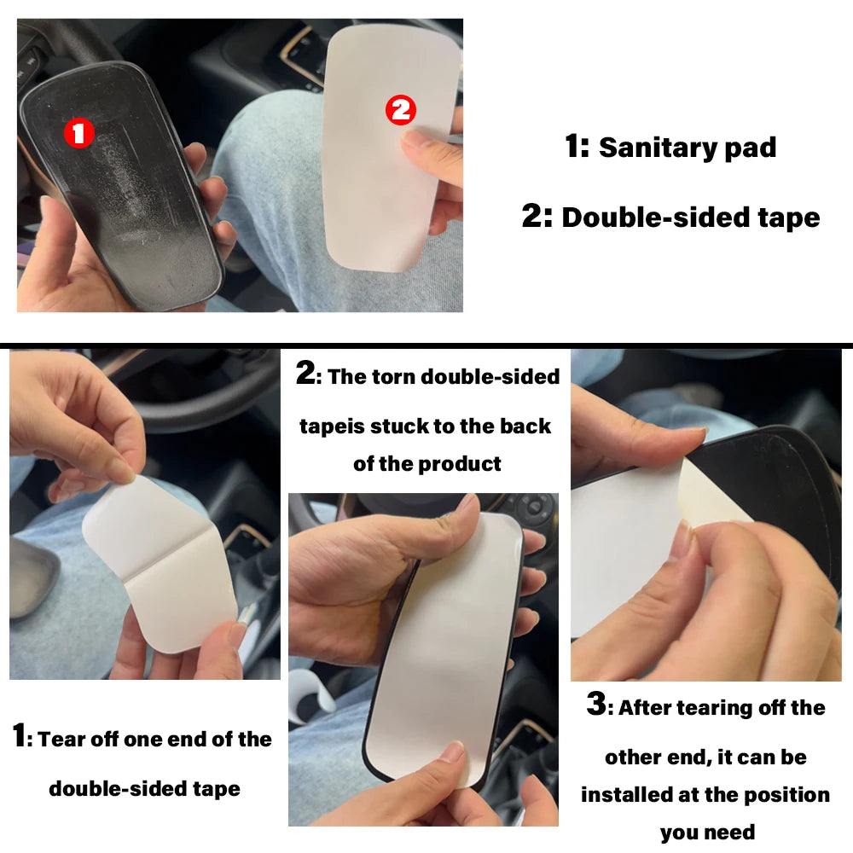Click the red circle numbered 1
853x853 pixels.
(79, 133)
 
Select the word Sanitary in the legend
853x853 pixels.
(652, 148)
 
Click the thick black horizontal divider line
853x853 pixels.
(426, 345)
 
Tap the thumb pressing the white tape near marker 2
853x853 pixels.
(426, 145)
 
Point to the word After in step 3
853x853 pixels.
(646, 708)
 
